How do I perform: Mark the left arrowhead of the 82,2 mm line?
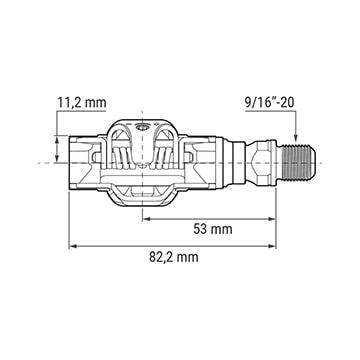point(72,245)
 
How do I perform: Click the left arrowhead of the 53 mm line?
point(146,214)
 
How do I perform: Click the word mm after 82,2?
point(188,259)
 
